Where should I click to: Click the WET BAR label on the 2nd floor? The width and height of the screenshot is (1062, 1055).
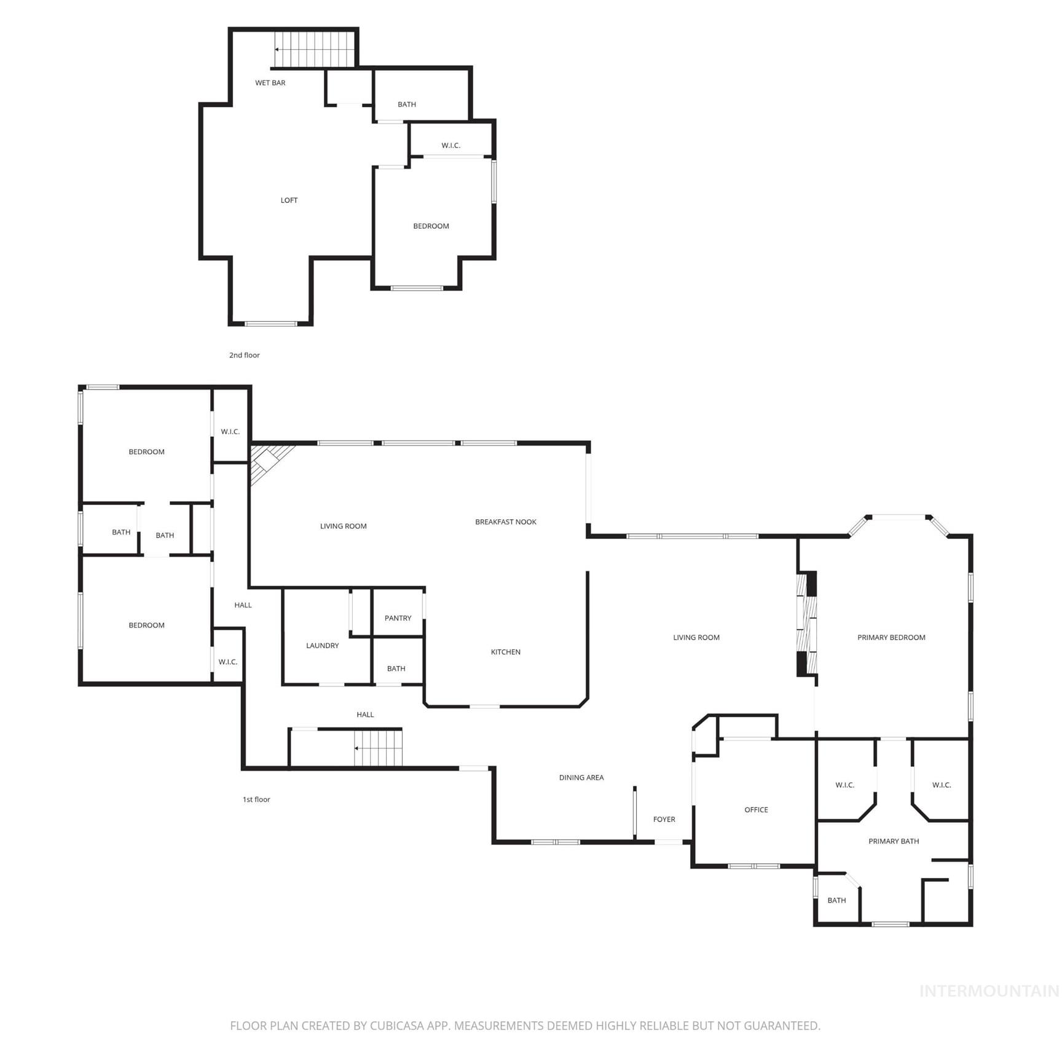pos(270,83)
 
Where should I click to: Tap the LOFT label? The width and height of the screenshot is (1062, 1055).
pos(289,200)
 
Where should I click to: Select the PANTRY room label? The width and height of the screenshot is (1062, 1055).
pos(398,618)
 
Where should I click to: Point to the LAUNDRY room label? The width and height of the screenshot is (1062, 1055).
pos(322,646)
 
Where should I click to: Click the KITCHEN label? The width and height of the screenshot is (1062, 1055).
pos(505,652)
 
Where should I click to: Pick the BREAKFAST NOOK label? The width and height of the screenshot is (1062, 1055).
pos(505,522)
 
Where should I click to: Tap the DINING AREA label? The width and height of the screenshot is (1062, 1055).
pos(581,778)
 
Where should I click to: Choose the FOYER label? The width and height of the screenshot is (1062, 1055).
pos(664,820)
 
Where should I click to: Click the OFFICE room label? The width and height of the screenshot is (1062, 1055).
pos(756,810)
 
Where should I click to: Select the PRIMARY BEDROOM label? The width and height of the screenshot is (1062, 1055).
pos(891,638)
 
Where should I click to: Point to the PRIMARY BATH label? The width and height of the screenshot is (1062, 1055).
pos(893,841)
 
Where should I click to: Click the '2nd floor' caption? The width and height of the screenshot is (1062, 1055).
pos(244,355)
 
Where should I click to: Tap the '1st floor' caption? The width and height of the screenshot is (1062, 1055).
pos(256,799)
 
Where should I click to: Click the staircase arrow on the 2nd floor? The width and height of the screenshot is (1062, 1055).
pos(278,49)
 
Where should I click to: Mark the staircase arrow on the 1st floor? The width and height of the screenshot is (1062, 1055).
pos(357,748)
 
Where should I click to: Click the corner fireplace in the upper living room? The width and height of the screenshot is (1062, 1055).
pos(267,460)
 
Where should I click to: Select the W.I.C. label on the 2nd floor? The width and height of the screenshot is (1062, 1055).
pos(450,146)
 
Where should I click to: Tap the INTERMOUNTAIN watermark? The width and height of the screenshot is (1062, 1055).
pos(988,991)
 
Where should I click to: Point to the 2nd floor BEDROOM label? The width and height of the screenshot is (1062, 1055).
pos(431,226)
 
